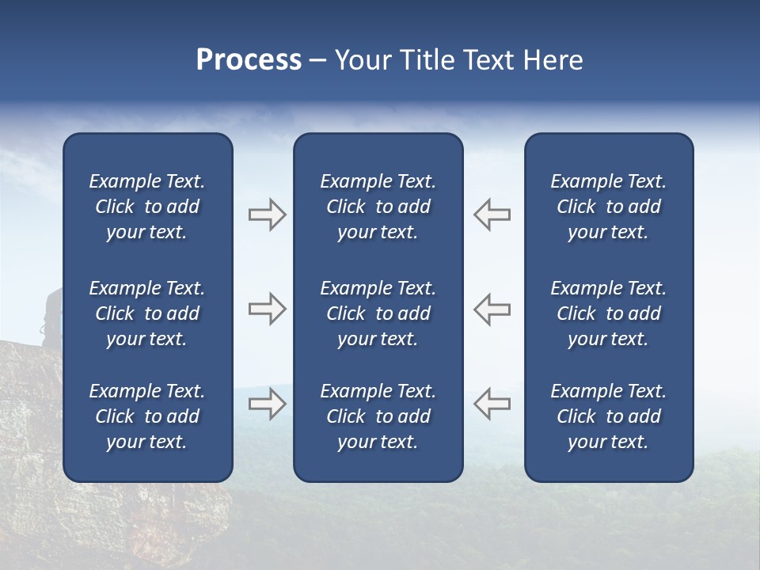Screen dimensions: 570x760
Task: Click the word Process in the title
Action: pyautogui.click(x=249, y=60)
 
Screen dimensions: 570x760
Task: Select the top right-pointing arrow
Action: pyautogui.click(x=267, y=215)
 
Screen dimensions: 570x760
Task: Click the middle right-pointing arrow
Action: pyautogui.click(x=267, y=310)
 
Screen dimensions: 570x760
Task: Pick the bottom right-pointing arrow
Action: pyautogui.click(x=267, y=404)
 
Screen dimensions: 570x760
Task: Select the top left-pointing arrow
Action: pyautogui.click(x=492, y=215)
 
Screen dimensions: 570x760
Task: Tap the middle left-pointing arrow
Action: pyautogui.click(x=492, y=310)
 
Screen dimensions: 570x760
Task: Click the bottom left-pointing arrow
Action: pyautogui.click(x=492, y=404)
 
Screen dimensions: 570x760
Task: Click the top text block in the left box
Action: pyautogui.click(x=147, y=207)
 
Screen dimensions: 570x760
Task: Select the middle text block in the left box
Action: pyautogui.click(x=147, y=313)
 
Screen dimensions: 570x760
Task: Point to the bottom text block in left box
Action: pyautogui.click(x=147, y=416)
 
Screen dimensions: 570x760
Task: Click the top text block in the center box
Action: pyautogui.click(x=378, y=207)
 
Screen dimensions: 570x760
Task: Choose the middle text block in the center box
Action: pyautogui.click(x=378, y=313)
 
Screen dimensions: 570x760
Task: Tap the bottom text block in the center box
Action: pyautogui.click(x=378, y=416)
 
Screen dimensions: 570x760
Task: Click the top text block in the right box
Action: pyautogui.click(x=608, y=207)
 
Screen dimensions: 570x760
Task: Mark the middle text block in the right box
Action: pyautogui.click(x=608, y=313)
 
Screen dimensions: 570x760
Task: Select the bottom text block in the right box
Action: pyautogui.click(x=608, y=416)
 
